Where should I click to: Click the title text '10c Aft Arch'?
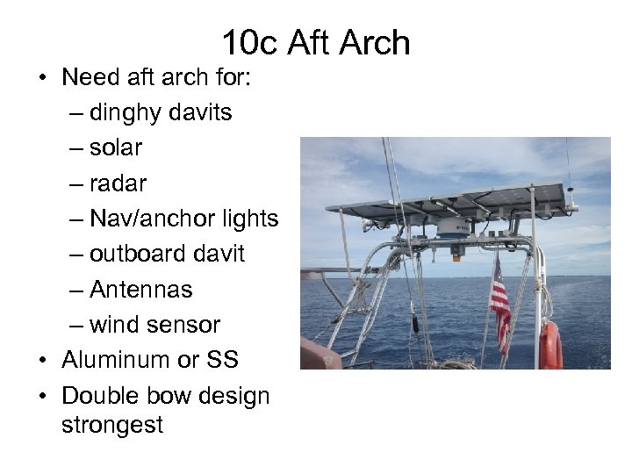pyautogui.click(x=316, y=42)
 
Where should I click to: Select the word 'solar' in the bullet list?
pyautogui.click(x=116, y=148)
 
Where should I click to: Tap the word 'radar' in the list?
pyautogui.click(x=118, y=183)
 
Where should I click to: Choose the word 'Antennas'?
pyautogui.click(x=140, y=289)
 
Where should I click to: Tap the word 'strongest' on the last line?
pyautogui.click(x=112, y=425)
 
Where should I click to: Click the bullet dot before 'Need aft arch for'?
pyautogui.click(x=42, y=78)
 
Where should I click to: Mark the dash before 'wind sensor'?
pyautogui.click(x=75, y=325)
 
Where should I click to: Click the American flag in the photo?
pyautogui.click(x=500, y=307)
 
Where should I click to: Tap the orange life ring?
pyautogui.click(x=550, y=346)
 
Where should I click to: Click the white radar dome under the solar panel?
pyautogui.click(x=456, y=227)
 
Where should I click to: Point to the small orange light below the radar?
pyautogui.click(x=456, y=255)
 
